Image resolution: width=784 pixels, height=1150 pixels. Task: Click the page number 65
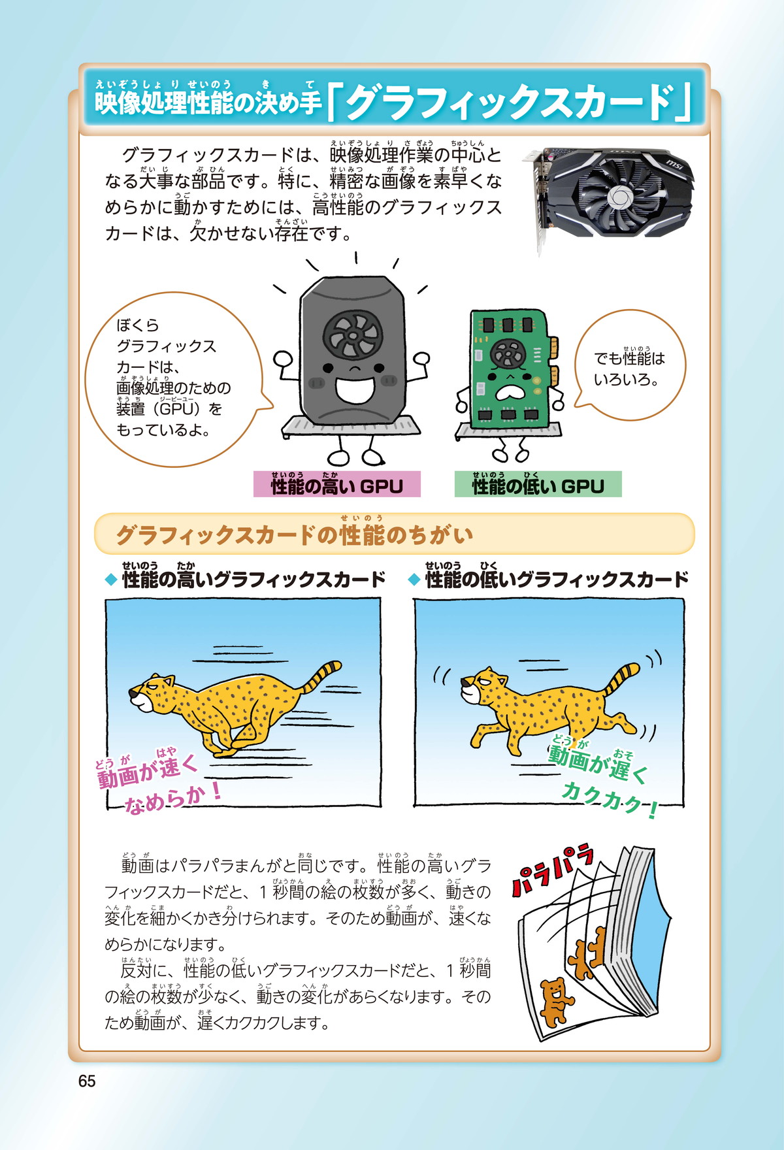(x=87, y=1081)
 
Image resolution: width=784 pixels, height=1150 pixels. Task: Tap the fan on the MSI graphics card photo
(x=615, y=196)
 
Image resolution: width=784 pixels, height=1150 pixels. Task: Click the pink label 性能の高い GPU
(x=336, y=485)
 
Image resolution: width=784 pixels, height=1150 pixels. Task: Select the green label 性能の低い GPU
(x=538, y=485)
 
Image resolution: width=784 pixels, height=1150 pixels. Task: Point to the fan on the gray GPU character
(x=351, y=334)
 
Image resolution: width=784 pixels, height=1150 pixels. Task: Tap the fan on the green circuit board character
(x=508, y=355)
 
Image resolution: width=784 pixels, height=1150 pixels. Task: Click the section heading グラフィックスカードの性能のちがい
(x=294, y=536)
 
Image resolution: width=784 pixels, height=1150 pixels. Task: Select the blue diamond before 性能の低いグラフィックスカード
(x=414, y=580)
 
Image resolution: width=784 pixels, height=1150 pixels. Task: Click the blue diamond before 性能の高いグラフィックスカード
(x=111, y=580)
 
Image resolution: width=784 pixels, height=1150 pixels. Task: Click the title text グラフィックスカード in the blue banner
(x=510, y=103)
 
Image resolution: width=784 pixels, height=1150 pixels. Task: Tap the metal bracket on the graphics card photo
(x=540, y=203)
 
